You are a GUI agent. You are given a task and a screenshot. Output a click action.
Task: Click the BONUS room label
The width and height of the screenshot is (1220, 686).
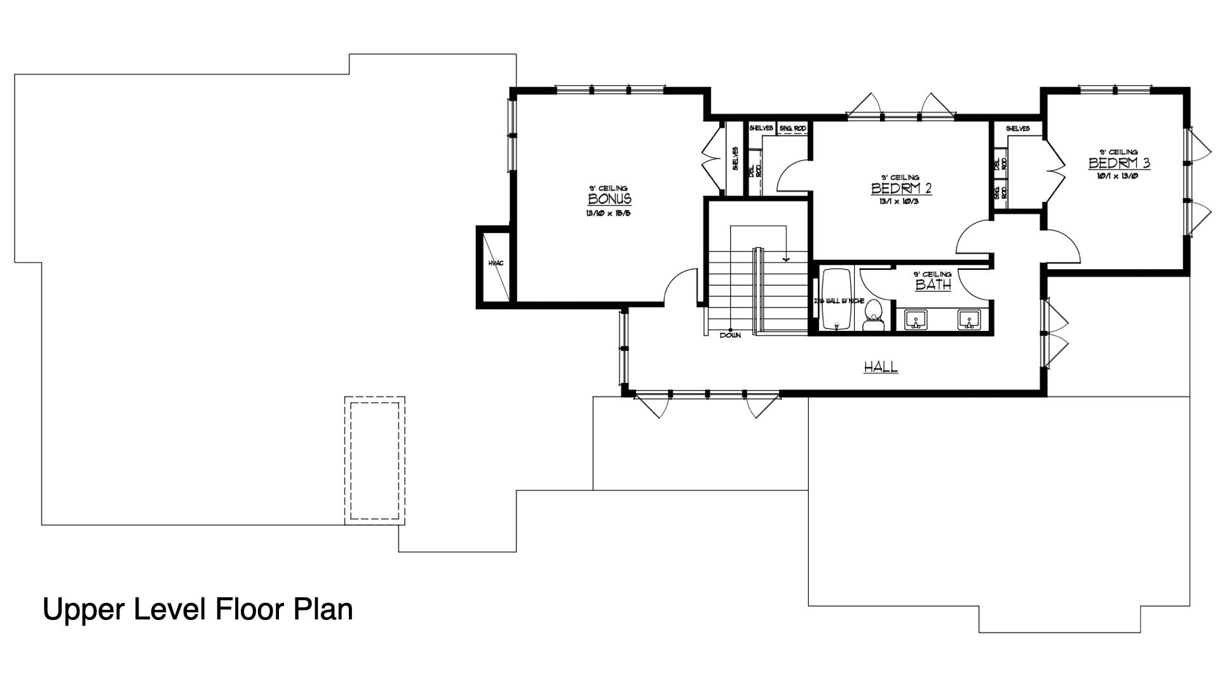tap(609, 199)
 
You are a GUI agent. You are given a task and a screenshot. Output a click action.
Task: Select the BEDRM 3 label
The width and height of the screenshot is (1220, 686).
tap(1119, 163)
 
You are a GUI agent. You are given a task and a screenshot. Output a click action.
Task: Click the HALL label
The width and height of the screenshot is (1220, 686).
tap(881, 367)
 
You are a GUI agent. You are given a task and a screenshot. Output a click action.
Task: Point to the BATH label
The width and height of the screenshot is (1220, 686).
tap(933, 285)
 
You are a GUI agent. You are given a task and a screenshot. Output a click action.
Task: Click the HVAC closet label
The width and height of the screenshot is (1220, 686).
tap(496, 263)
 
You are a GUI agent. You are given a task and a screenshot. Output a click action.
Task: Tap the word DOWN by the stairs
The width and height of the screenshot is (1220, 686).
tap(730, 335)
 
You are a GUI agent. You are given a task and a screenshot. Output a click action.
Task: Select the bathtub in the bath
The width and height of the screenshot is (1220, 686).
tap(836, 299)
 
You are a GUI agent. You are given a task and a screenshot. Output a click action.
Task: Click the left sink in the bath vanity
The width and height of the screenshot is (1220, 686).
tap(915, 319)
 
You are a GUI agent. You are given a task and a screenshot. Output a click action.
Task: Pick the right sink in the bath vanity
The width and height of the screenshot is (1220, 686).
tap(968, 319)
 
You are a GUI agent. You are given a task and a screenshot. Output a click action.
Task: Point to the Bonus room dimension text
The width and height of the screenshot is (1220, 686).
tap(608, 213)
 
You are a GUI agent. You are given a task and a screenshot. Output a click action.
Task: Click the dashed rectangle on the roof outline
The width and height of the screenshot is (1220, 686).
tap(375, 460)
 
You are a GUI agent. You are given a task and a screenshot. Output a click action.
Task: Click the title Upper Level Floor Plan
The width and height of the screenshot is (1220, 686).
tap(198, 609)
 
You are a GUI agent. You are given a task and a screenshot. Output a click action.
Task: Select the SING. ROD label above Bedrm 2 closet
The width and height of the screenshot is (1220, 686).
tap(792, 129)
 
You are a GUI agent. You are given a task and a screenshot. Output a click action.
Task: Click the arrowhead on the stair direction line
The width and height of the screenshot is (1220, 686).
tap(786, 259)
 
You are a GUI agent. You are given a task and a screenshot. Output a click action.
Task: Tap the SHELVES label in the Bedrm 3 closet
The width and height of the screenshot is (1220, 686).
tap(1017, 129)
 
